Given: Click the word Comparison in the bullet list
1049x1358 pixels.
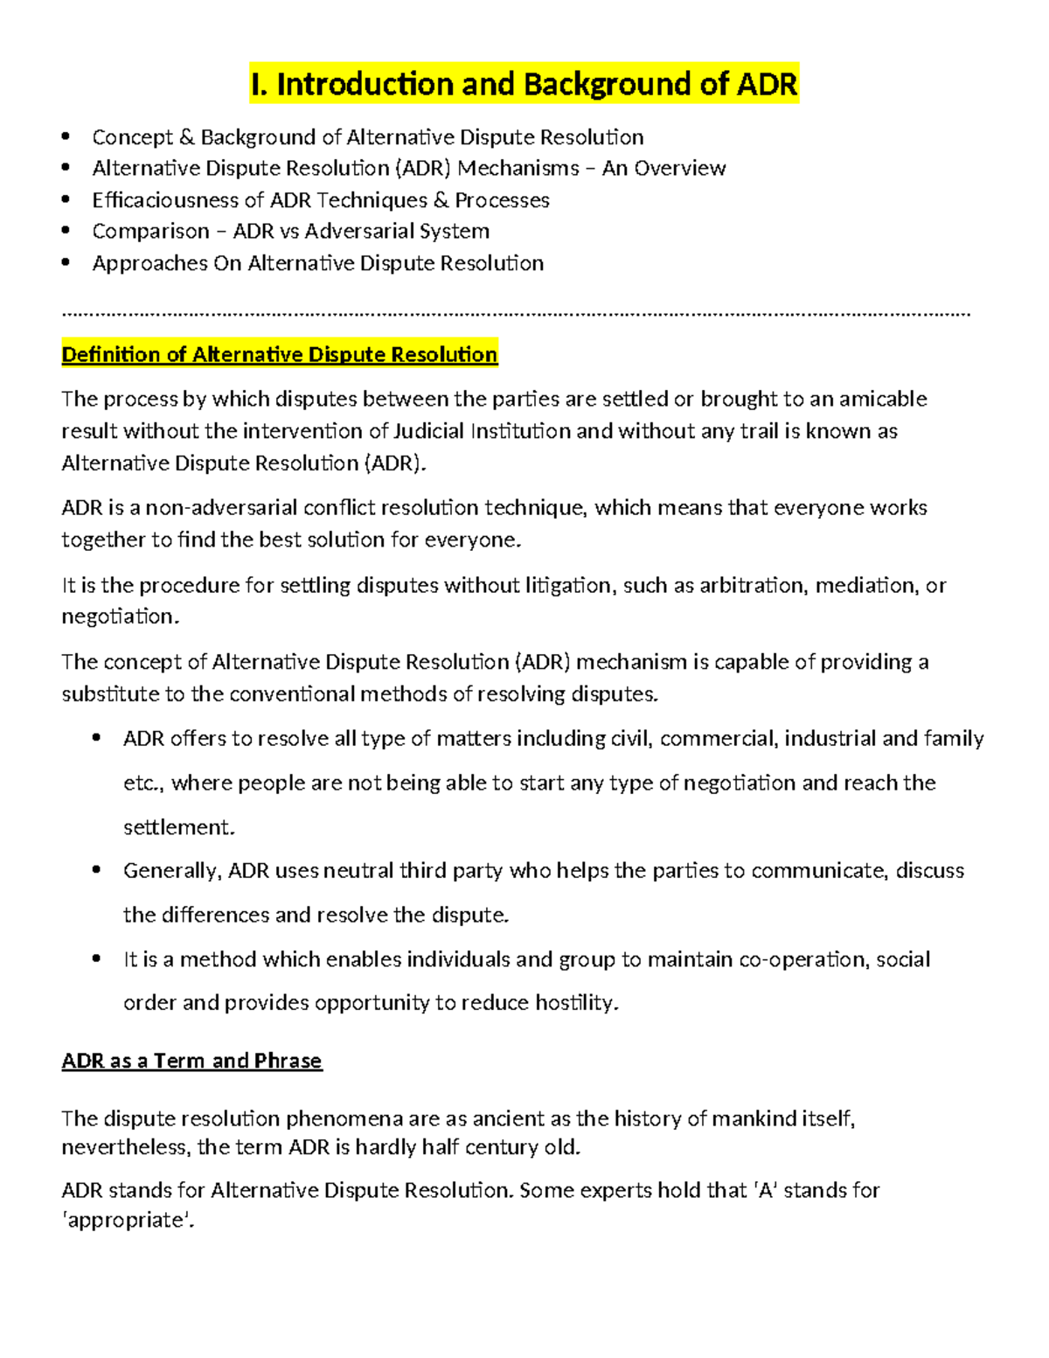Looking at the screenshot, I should point(150,232).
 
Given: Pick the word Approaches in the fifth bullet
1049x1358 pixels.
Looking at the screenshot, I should point(149,263).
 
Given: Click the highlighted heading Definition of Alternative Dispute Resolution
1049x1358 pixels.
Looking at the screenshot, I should point(279,354).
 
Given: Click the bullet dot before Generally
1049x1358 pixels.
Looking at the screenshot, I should point(96,870).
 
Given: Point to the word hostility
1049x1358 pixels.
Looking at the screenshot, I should point(576,1003).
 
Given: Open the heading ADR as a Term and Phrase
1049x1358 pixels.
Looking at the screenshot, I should point(191,1061).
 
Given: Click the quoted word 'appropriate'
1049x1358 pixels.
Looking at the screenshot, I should point(128,1221).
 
